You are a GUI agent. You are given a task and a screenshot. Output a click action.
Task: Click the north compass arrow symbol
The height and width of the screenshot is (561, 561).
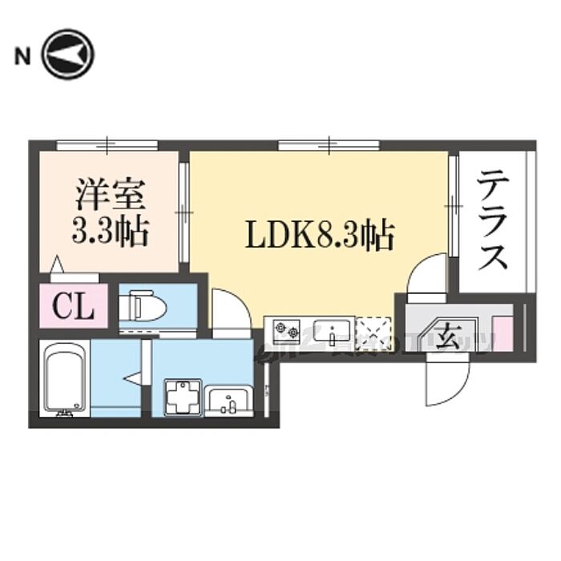tap(68, 55)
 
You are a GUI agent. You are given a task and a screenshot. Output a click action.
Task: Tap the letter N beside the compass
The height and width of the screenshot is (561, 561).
tap(22, 56)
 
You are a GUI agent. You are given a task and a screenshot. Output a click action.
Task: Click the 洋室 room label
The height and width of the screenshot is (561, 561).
tap(109, 196)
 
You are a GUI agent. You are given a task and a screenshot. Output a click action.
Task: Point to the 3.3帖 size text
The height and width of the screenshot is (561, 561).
tap(109, 233)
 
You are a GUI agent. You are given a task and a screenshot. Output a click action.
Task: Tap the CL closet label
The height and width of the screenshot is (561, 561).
tap(74, 305)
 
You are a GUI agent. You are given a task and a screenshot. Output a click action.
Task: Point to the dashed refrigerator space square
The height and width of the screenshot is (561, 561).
tap(373, 330)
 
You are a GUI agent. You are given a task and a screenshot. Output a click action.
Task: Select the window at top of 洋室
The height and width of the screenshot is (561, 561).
tap(107, 145)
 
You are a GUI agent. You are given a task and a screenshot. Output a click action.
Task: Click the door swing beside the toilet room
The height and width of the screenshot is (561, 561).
tap(230, 308)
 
